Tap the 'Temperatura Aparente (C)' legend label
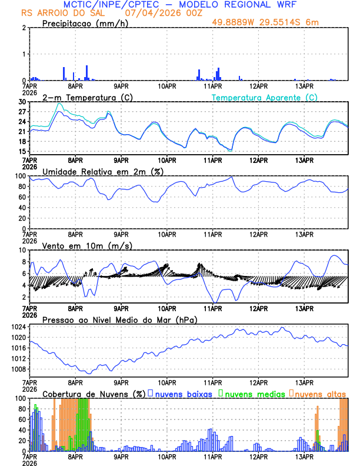tap(264, 97)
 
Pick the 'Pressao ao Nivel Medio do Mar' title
tap(119, 319)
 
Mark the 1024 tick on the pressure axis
tap(20, 327)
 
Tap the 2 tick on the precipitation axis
tap(24, 28)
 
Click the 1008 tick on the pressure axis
tap(20, 370)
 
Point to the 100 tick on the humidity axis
tap(21, 176)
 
